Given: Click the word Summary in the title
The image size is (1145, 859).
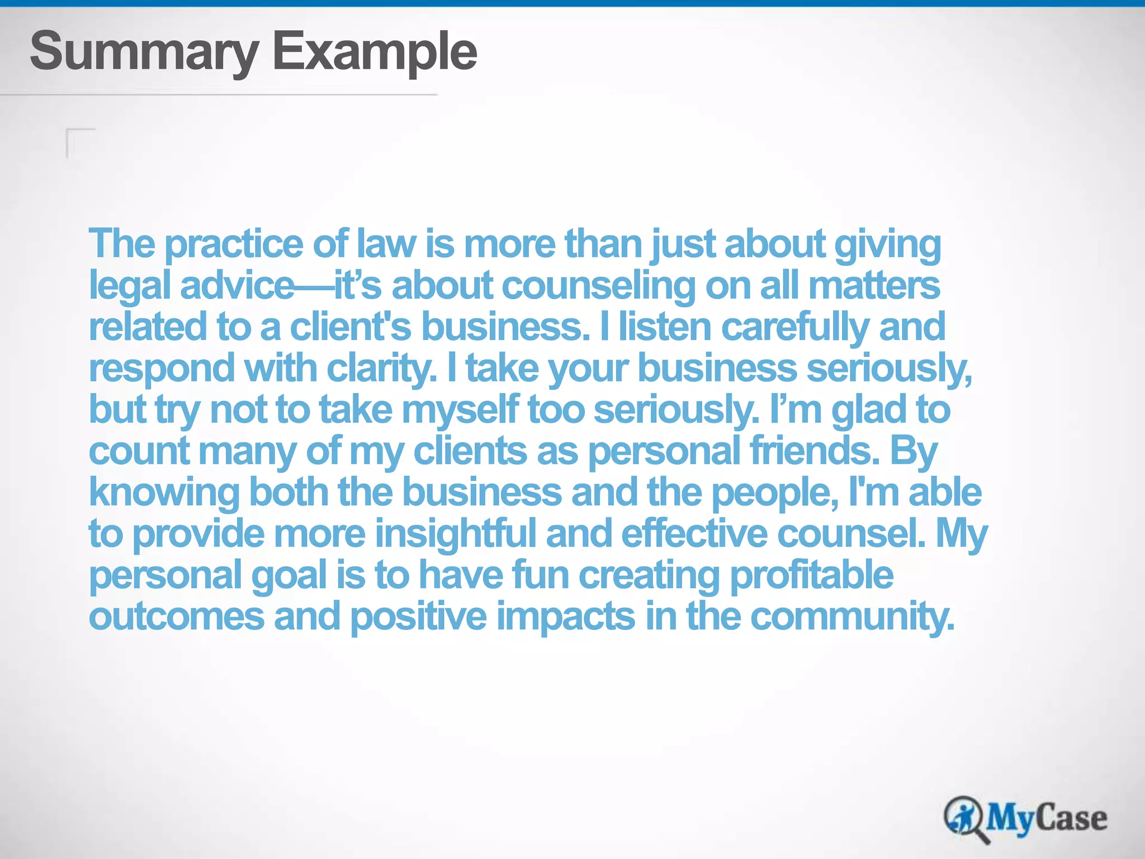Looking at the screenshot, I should tap(144, 51).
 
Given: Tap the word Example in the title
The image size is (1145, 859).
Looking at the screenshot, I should tap(375, 51).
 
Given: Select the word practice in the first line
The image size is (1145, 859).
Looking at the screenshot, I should tap(234, 245).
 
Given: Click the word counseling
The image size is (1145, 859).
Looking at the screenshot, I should tap(599, 286).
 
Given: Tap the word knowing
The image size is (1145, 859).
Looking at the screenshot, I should tap(164, 493).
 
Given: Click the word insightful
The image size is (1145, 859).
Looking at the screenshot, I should tap(455, 534).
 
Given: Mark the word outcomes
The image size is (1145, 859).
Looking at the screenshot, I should tap(176, 616).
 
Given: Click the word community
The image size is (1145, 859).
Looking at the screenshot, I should tap(852, 616).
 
